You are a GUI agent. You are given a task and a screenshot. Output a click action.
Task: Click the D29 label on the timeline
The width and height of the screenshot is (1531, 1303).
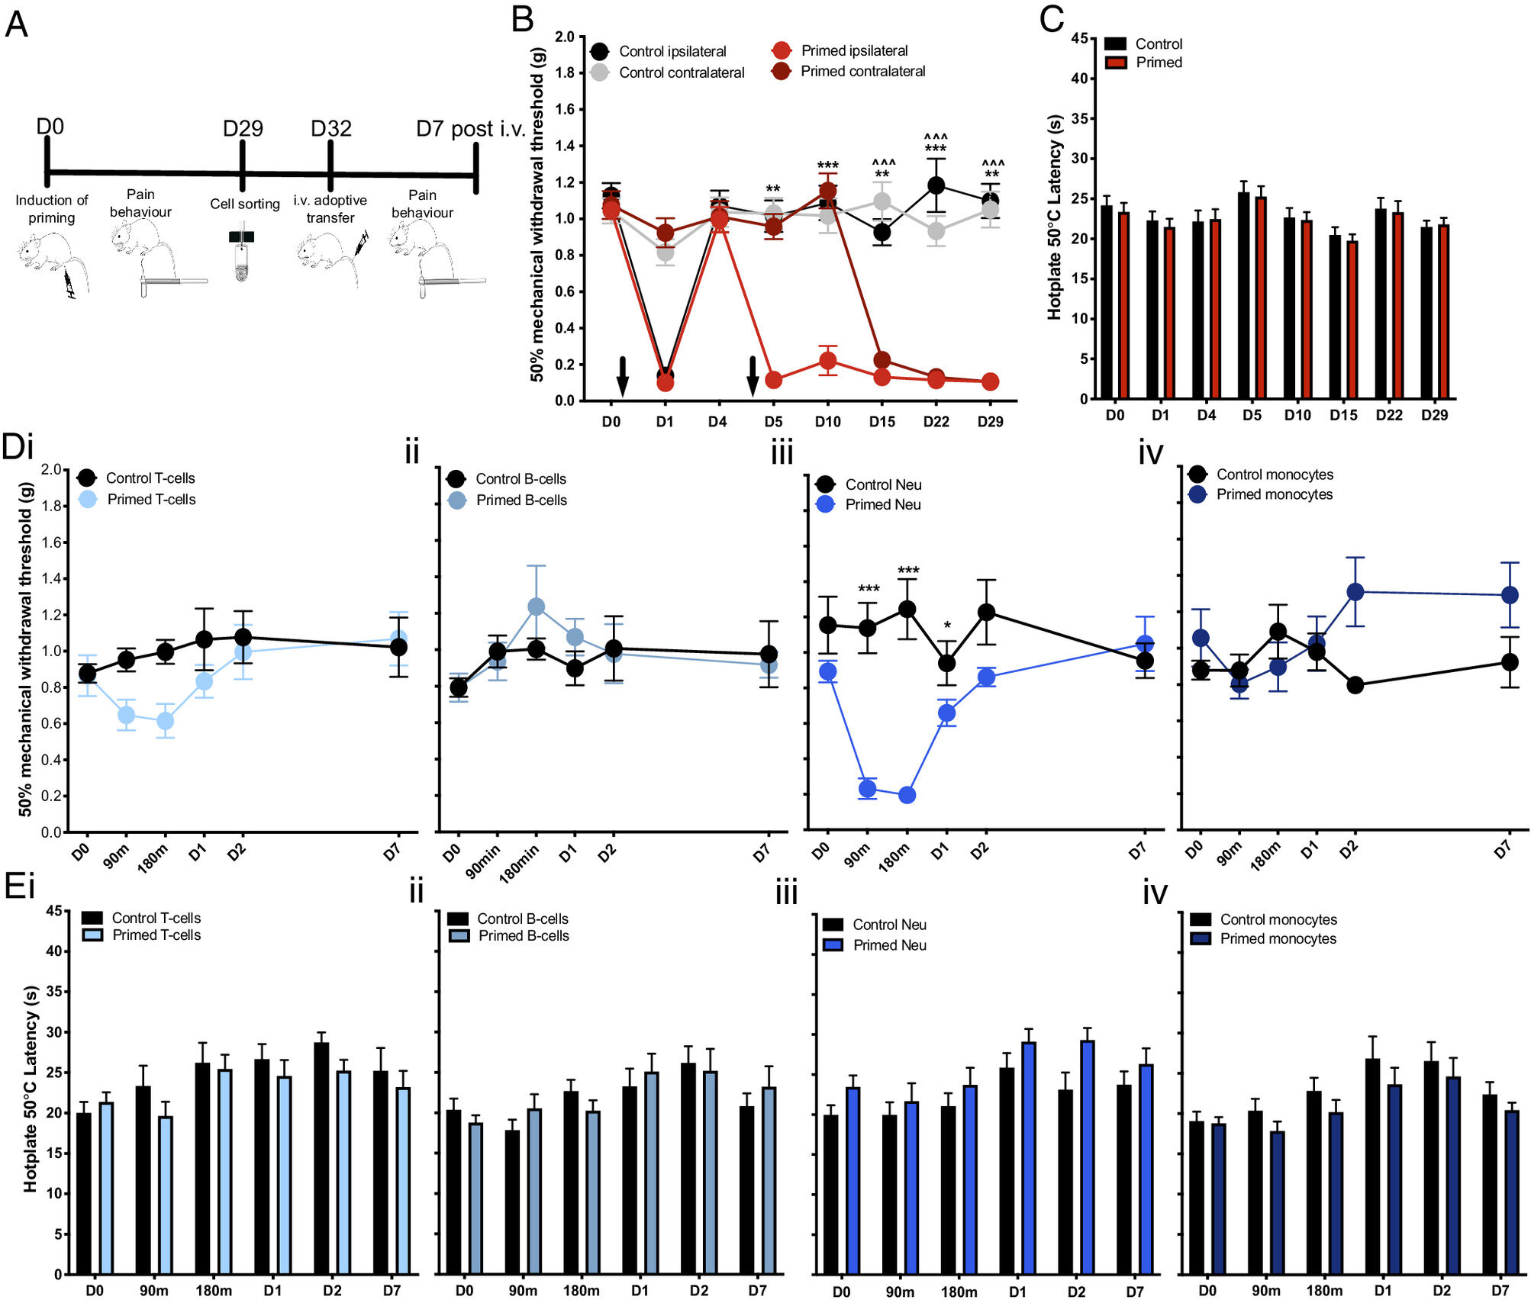[243, 128]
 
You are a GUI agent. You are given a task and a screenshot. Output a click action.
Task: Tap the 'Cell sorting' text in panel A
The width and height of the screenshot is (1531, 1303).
[245, 204]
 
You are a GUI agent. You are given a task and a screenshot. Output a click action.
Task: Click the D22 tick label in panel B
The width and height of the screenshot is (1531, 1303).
[936, 421]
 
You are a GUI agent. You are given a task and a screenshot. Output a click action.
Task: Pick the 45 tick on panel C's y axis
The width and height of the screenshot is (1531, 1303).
[1078, 38]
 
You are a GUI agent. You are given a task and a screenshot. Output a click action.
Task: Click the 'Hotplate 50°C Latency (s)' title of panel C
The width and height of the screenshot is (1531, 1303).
[1055, 217]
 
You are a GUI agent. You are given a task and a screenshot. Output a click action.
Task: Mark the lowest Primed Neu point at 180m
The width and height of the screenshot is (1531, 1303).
[907, 795]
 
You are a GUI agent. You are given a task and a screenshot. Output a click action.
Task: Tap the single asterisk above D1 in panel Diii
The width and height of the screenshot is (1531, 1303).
[947, 626]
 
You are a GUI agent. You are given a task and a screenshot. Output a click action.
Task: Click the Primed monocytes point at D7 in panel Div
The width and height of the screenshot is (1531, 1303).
[1510, 595]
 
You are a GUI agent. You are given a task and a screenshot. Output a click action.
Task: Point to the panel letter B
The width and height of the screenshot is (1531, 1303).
[522, 19]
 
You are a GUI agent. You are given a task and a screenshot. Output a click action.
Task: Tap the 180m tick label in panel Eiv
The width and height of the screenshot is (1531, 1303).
[1324, 1291]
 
